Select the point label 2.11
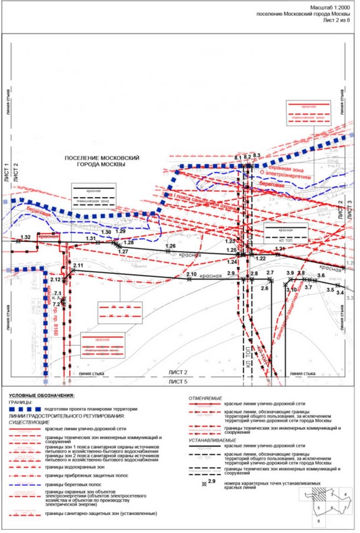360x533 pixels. coord(78,266)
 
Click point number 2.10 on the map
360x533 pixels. coord(191,274)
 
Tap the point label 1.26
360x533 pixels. coord(170,246)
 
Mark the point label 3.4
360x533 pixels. coord(340,292)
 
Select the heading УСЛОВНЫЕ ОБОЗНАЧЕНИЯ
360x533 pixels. coord(45,395)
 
